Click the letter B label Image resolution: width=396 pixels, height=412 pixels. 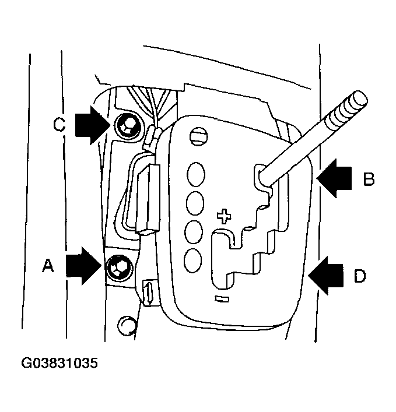tap(368, 178)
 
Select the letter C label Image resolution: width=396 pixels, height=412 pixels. tap(59, 124)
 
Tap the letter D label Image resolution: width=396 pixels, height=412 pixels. tap(360, 274)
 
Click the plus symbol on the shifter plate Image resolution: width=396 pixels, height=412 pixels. tap(223, 216)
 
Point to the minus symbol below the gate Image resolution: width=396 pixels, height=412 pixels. tap(220, 299)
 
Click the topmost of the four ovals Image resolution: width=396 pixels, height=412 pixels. tap(196, 174)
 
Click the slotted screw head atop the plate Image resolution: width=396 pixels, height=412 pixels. tap(198, 136)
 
